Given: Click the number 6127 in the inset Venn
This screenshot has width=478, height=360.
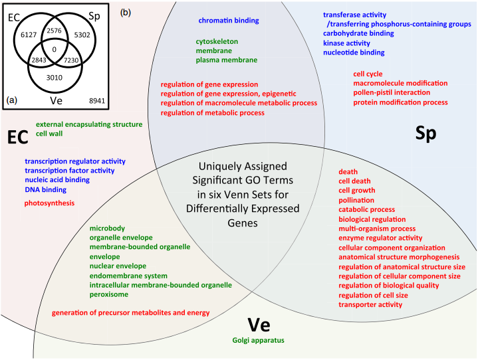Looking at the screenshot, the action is pyautogui.click(x=29, y=35).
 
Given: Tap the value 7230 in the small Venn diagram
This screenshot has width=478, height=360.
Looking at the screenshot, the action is pyautogui.click(x=71, y=60).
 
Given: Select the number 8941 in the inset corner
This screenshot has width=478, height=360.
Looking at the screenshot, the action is pyautogui.click(x=97, y=101).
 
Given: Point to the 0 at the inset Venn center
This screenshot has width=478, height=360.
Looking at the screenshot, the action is pyautogui.click(x=55, y=49).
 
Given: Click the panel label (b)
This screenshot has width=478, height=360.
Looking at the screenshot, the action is pyautogui.click(x=126, y=13).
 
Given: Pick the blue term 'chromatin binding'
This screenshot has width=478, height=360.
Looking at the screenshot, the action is pyautogui.click(x=229, y=21).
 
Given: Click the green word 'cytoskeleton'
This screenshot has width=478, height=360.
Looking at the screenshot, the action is pyautogui.click(x=217, y=41).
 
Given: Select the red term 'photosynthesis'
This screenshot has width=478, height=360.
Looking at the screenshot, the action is pyautogui.click(x=49, y=203).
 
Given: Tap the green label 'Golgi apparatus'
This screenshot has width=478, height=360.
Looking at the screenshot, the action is pyautogui.click(x=258, y=340).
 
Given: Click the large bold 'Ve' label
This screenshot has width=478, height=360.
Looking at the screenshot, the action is pyautogui.click(x=259, y=325).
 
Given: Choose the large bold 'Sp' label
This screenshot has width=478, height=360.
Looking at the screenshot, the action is pyautogui.click(x=426, y=134).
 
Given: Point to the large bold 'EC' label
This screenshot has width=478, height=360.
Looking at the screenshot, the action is pyautogui.click(x=18, y=137).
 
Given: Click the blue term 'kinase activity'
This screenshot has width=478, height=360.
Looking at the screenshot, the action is pyautogui.click(x=346, y=43).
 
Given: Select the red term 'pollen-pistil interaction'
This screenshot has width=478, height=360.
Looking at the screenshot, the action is pyautogui.click(x=392, y=92).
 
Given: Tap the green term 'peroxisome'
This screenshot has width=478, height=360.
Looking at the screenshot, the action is pyautogui.click(x=109, y=294).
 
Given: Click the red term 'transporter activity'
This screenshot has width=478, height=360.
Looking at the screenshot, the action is pyautogui.click(x=370, y=305).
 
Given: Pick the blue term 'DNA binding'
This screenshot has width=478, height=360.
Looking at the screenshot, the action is pyautogui.click(x=46, y=190).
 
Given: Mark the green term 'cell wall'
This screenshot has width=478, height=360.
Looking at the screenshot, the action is pyautogui.click(x=49, y=134).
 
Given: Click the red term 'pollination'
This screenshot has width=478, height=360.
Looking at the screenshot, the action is pyautogui.click(x=356, y=201).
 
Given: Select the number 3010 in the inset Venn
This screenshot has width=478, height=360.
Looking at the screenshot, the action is pyautogui.click(x=55, y=78).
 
